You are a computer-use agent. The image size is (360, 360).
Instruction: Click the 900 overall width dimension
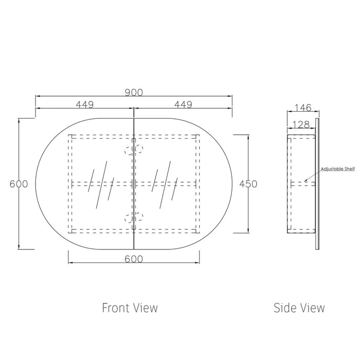coord(134,93)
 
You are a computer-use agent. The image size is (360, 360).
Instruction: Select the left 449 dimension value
coord(85,105)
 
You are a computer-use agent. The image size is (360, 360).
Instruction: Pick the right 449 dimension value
coord(183,105)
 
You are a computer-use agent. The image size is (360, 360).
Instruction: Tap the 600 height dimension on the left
coord(19,184)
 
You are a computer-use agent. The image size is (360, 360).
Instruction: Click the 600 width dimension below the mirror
coord(134,259)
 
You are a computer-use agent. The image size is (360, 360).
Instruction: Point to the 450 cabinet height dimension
coord(248,184)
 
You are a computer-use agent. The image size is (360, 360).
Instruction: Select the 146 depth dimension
coord(303,107)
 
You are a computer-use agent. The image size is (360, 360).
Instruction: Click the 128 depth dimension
coord(301,124)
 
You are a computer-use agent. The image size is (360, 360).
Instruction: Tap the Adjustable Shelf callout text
coord(338,169)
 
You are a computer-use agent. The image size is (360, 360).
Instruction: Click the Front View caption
coord(130,308)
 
